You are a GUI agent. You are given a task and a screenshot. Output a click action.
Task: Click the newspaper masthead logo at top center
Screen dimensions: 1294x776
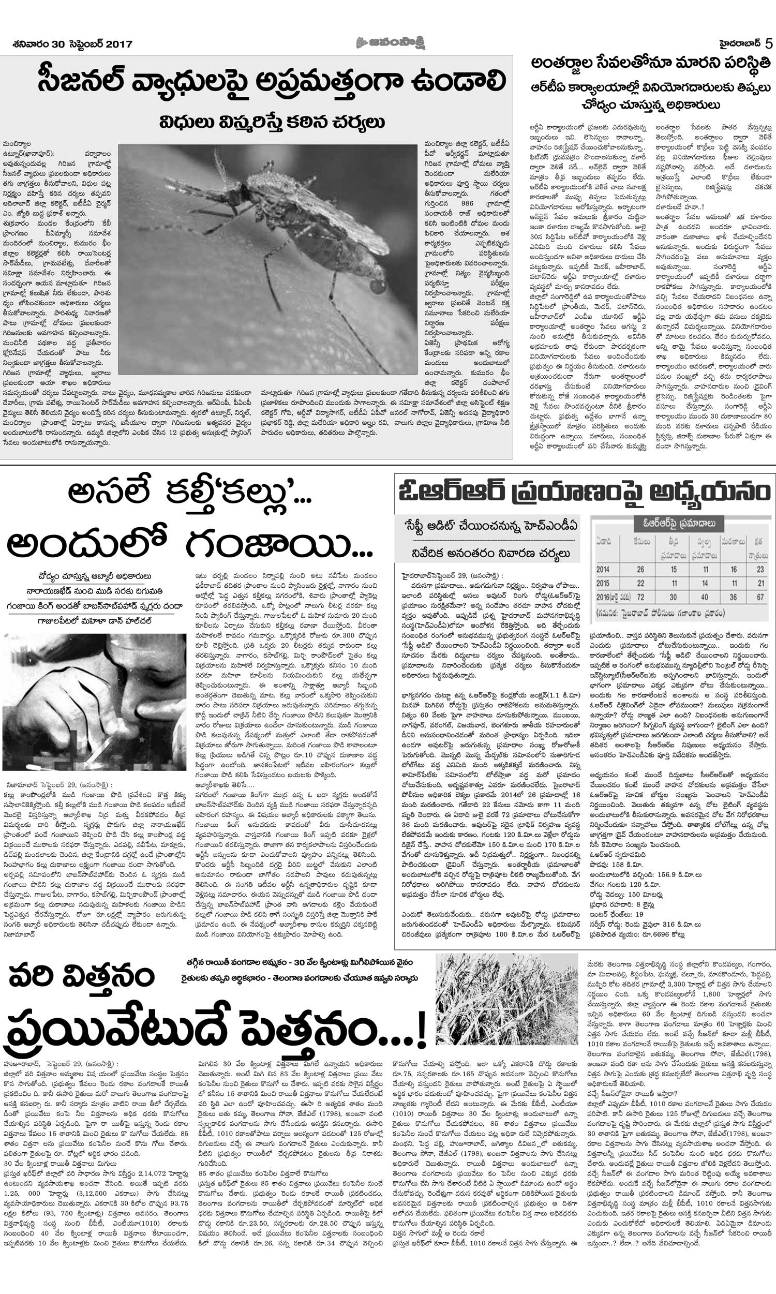387,42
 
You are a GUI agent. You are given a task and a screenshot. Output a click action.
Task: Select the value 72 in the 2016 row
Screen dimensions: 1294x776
640,597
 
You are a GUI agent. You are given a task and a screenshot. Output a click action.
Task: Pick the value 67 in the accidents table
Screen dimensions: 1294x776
760,597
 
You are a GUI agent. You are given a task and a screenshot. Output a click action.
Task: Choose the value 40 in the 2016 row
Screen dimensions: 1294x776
705,597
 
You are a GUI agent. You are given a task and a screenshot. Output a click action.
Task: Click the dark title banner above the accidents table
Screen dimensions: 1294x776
679,524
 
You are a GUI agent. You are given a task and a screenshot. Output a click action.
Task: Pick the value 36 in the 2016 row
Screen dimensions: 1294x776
734,597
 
